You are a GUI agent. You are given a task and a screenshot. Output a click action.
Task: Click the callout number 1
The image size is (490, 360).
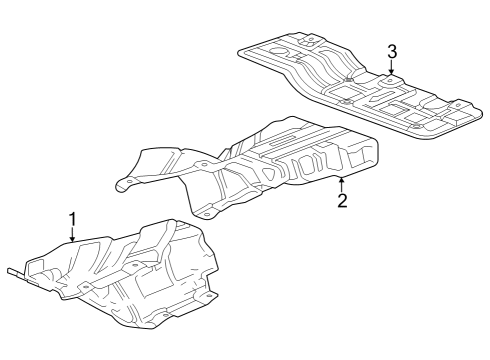[x=72, y=217]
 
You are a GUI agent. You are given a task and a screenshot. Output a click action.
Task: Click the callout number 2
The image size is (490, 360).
[x=342, y=200]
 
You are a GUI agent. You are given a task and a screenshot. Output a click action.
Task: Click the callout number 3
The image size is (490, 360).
[x=392, y=51]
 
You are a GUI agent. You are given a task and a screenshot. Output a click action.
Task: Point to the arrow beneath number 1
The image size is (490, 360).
[x=72, y=236]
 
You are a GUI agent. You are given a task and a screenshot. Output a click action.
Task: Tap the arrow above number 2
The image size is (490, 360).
[x=342, y=182]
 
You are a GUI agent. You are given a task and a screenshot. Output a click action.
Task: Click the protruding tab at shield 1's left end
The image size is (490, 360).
[x=14, y=270]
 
